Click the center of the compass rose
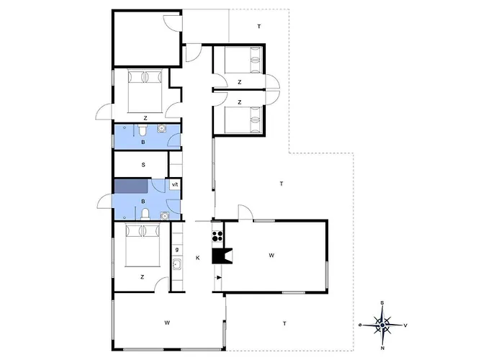coord(382,325)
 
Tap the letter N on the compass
coord(382,348)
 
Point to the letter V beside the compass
coord(405,325)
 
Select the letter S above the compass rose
coord(382,302)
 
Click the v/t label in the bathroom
coord(175,184)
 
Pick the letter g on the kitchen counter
coord(177,249)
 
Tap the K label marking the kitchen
coord(198,258)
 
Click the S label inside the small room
coord(143,165)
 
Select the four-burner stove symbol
coord(217,235)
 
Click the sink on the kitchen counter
coord(177,264)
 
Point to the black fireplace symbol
coord(222,256)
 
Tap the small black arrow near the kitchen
coord(219,277)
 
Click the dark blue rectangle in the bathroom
coord(131,186)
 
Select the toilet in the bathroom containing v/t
coord(145,214)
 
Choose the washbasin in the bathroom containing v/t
coord(165,216)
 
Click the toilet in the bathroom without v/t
coord(143,130)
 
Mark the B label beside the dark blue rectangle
coord(143,202)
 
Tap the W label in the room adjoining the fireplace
coord(271,256)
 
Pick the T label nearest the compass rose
coord(285,324)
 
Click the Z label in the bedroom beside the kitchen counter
coord(142,277)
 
